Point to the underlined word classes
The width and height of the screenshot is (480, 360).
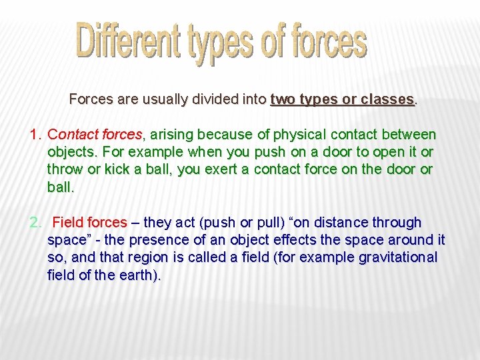coord(388,99)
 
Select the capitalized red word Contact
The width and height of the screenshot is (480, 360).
coord(71,135)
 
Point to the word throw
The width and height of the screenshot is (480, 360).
coord(65,169)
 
